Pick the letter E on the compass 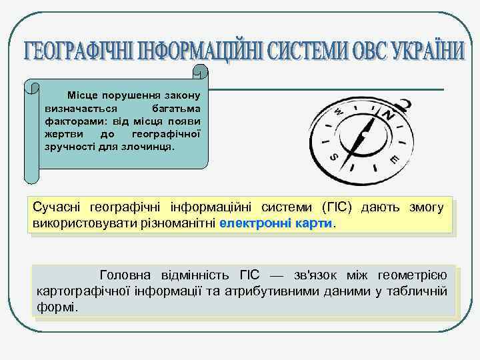coord(395,159)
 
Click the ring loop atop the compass coord(403,105)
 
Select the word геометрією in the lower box coord(413,275)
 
